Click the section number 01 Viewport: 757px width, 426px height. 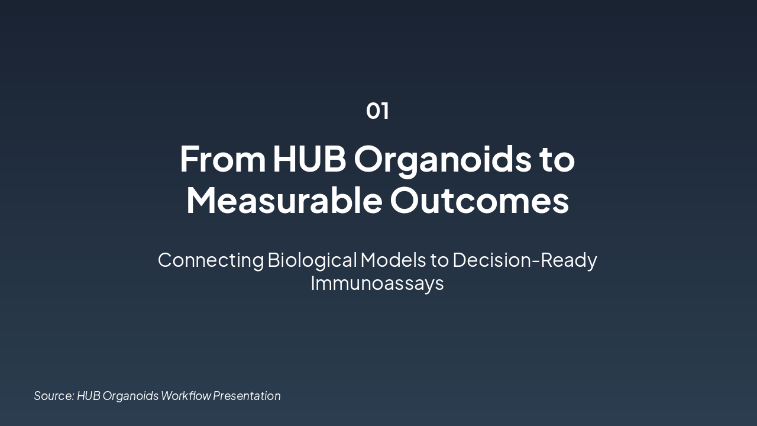pyautogui.click(x=377, y=111)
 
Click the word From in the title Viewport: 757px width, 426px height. pyautogui.click(x=223, y=159)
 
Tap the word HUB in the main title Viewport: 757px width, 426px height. pyautogui.click(x=309, y=159)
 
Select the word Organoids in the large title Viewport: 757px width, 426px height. pyautogui.click(x=443, y=160)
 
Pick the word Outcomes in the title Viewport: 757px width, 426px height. pyautogui.click(x=479, y=200)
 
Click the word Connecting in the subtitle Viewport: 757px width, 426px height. pyautogui.click(x=211, y=260)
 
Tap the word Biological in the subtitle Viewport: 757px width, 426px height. pyautogui.click(x=312, y=260)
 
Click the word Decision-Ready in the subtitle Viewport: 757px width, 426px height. pyautogui.click(x=525, y=260)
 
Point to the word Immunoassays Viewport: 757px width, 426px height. pyautogui.click(x=377, y=283)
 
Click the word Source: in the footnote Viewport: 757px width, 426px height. pyautogui.click(x=54, y=395)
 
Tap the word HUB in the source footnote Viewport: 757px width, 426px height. pyautogui.click(x=89, y=395)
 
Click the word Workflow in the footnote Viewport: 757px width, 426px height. pyautogui.click(x=186, y=395)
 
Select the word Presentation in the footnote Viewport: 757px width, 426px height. pyautogui.click(x=247, y=395)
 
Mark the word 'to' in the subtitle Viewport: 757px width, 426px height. pyautogui.click(x=439, y=260)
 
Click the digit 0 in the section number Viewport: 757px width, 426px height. pyautogui.click(x=373, y=111)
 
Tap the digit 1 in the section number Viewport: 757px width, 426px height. pyautogui.click(x=385, y=111)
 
